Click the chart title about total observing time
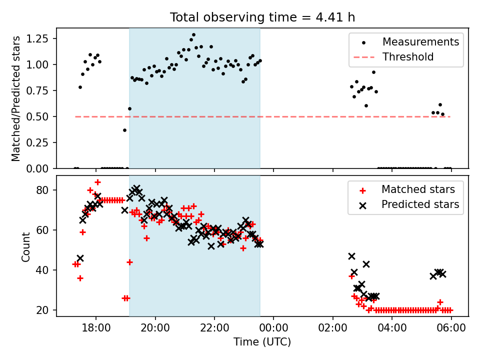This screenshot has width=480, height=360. (x=262, y=17)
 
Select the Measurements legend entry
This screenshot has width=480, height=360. (x=420, y=42)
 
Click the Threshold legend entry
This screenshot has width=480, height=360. (x=408, y=57)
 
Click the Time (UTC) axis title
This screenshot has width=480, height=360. (x=262, y=342)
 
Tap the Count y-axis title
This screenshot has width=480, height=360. (x=25, y=246)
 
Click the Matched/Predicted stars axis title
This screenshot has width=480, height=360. (x=16, y=98)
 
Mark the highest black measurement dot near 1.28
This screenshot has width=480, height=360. (x=193, y=35)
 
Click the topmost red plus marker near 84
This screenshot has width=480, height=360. (x=97, y=182)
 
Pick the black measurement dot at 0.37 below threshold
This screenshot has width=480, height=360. (x=124, y=130)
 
